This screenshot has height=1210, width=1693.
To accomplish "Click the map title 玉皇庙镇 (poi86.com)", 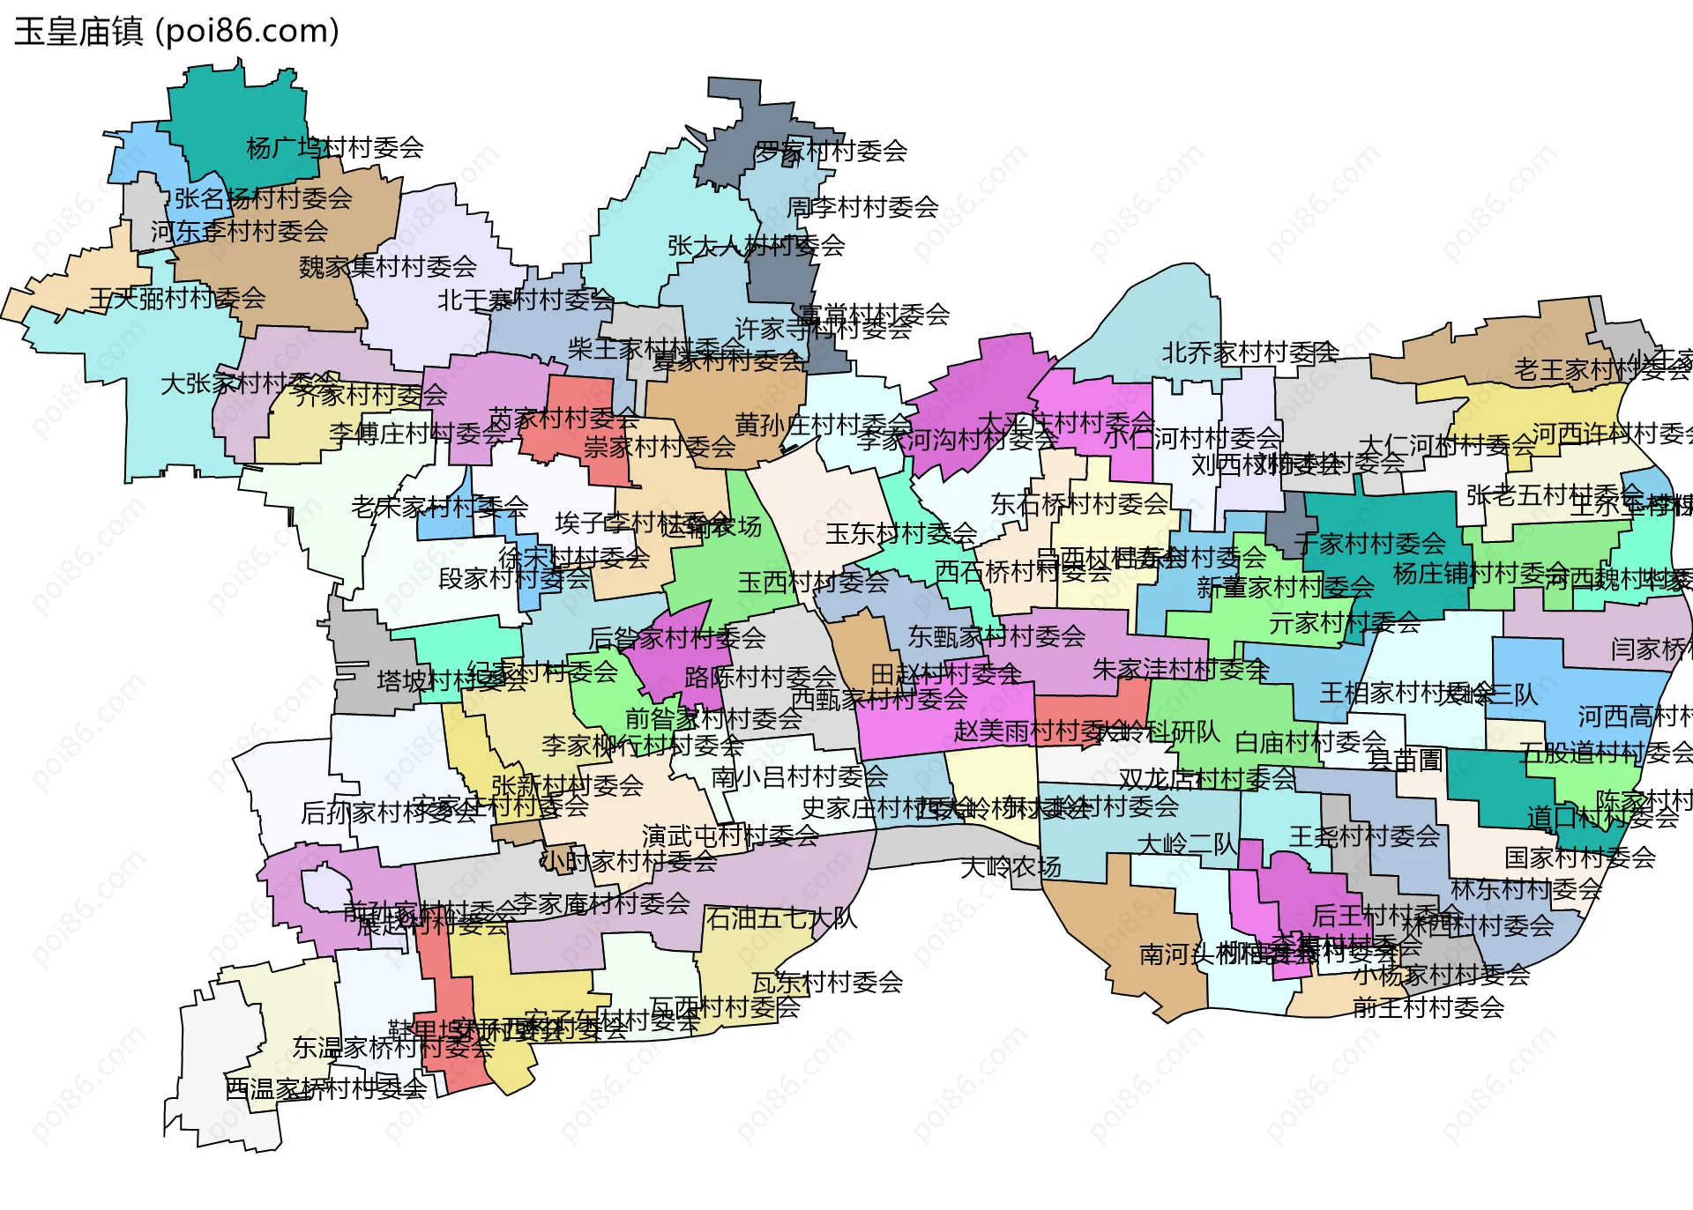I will [176, 32].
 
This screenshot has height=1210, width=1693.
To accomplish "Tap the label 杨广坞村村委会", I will [335, 148].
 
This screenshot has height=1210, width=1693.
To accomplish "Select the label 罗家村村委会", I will [832, 152].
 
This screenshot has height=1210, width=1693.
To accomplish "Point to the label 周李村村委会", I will [862, 208].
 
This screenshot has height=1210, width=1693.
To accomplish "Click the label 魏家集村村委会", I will [388, 266].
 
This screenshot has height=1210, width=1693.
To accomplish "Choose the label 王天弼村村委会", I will [177, 299].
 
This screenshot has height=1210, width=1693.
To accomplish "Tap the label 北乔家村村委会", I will [1250, 353].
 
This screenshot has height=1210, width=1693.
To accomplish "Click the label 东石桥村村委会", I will [1079, 504].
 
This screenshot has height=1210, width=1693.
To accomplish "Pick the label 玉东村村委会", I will [901, 533].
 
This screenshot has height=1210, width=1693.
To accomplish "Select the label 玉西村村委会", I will [813, 582].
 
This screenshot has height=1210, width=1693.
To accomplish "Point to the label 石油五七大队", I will [781, 919].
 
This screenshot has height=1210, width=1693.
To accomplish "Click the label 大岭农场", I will [1011, 868].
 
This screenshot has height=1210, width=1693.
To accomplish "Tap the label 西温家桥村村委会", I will [326, 1089].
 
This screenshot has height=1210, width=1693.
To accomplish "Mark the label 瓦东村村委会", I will [827, 982].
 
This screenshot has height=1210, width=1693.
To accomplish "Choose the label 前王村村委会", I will [1428, 1007].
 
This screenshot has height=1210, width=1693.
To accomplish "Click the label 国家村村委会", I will [1580, 857].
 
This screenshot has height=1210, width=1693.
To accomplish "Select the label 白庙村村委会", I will [1310, 742].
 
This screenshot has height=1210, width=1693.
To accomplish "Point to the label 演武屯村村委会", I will [730, 835].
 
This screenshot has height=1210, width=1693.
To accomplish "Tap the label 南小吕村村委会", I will [799, 777].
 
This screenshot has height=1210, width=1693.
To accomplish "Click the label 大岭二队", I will [1187, 845].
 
